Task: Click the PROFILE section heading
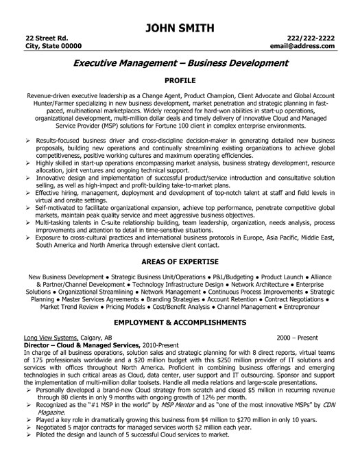pos(180,80)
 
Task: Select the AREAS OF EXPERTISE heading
pos(180,263)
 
